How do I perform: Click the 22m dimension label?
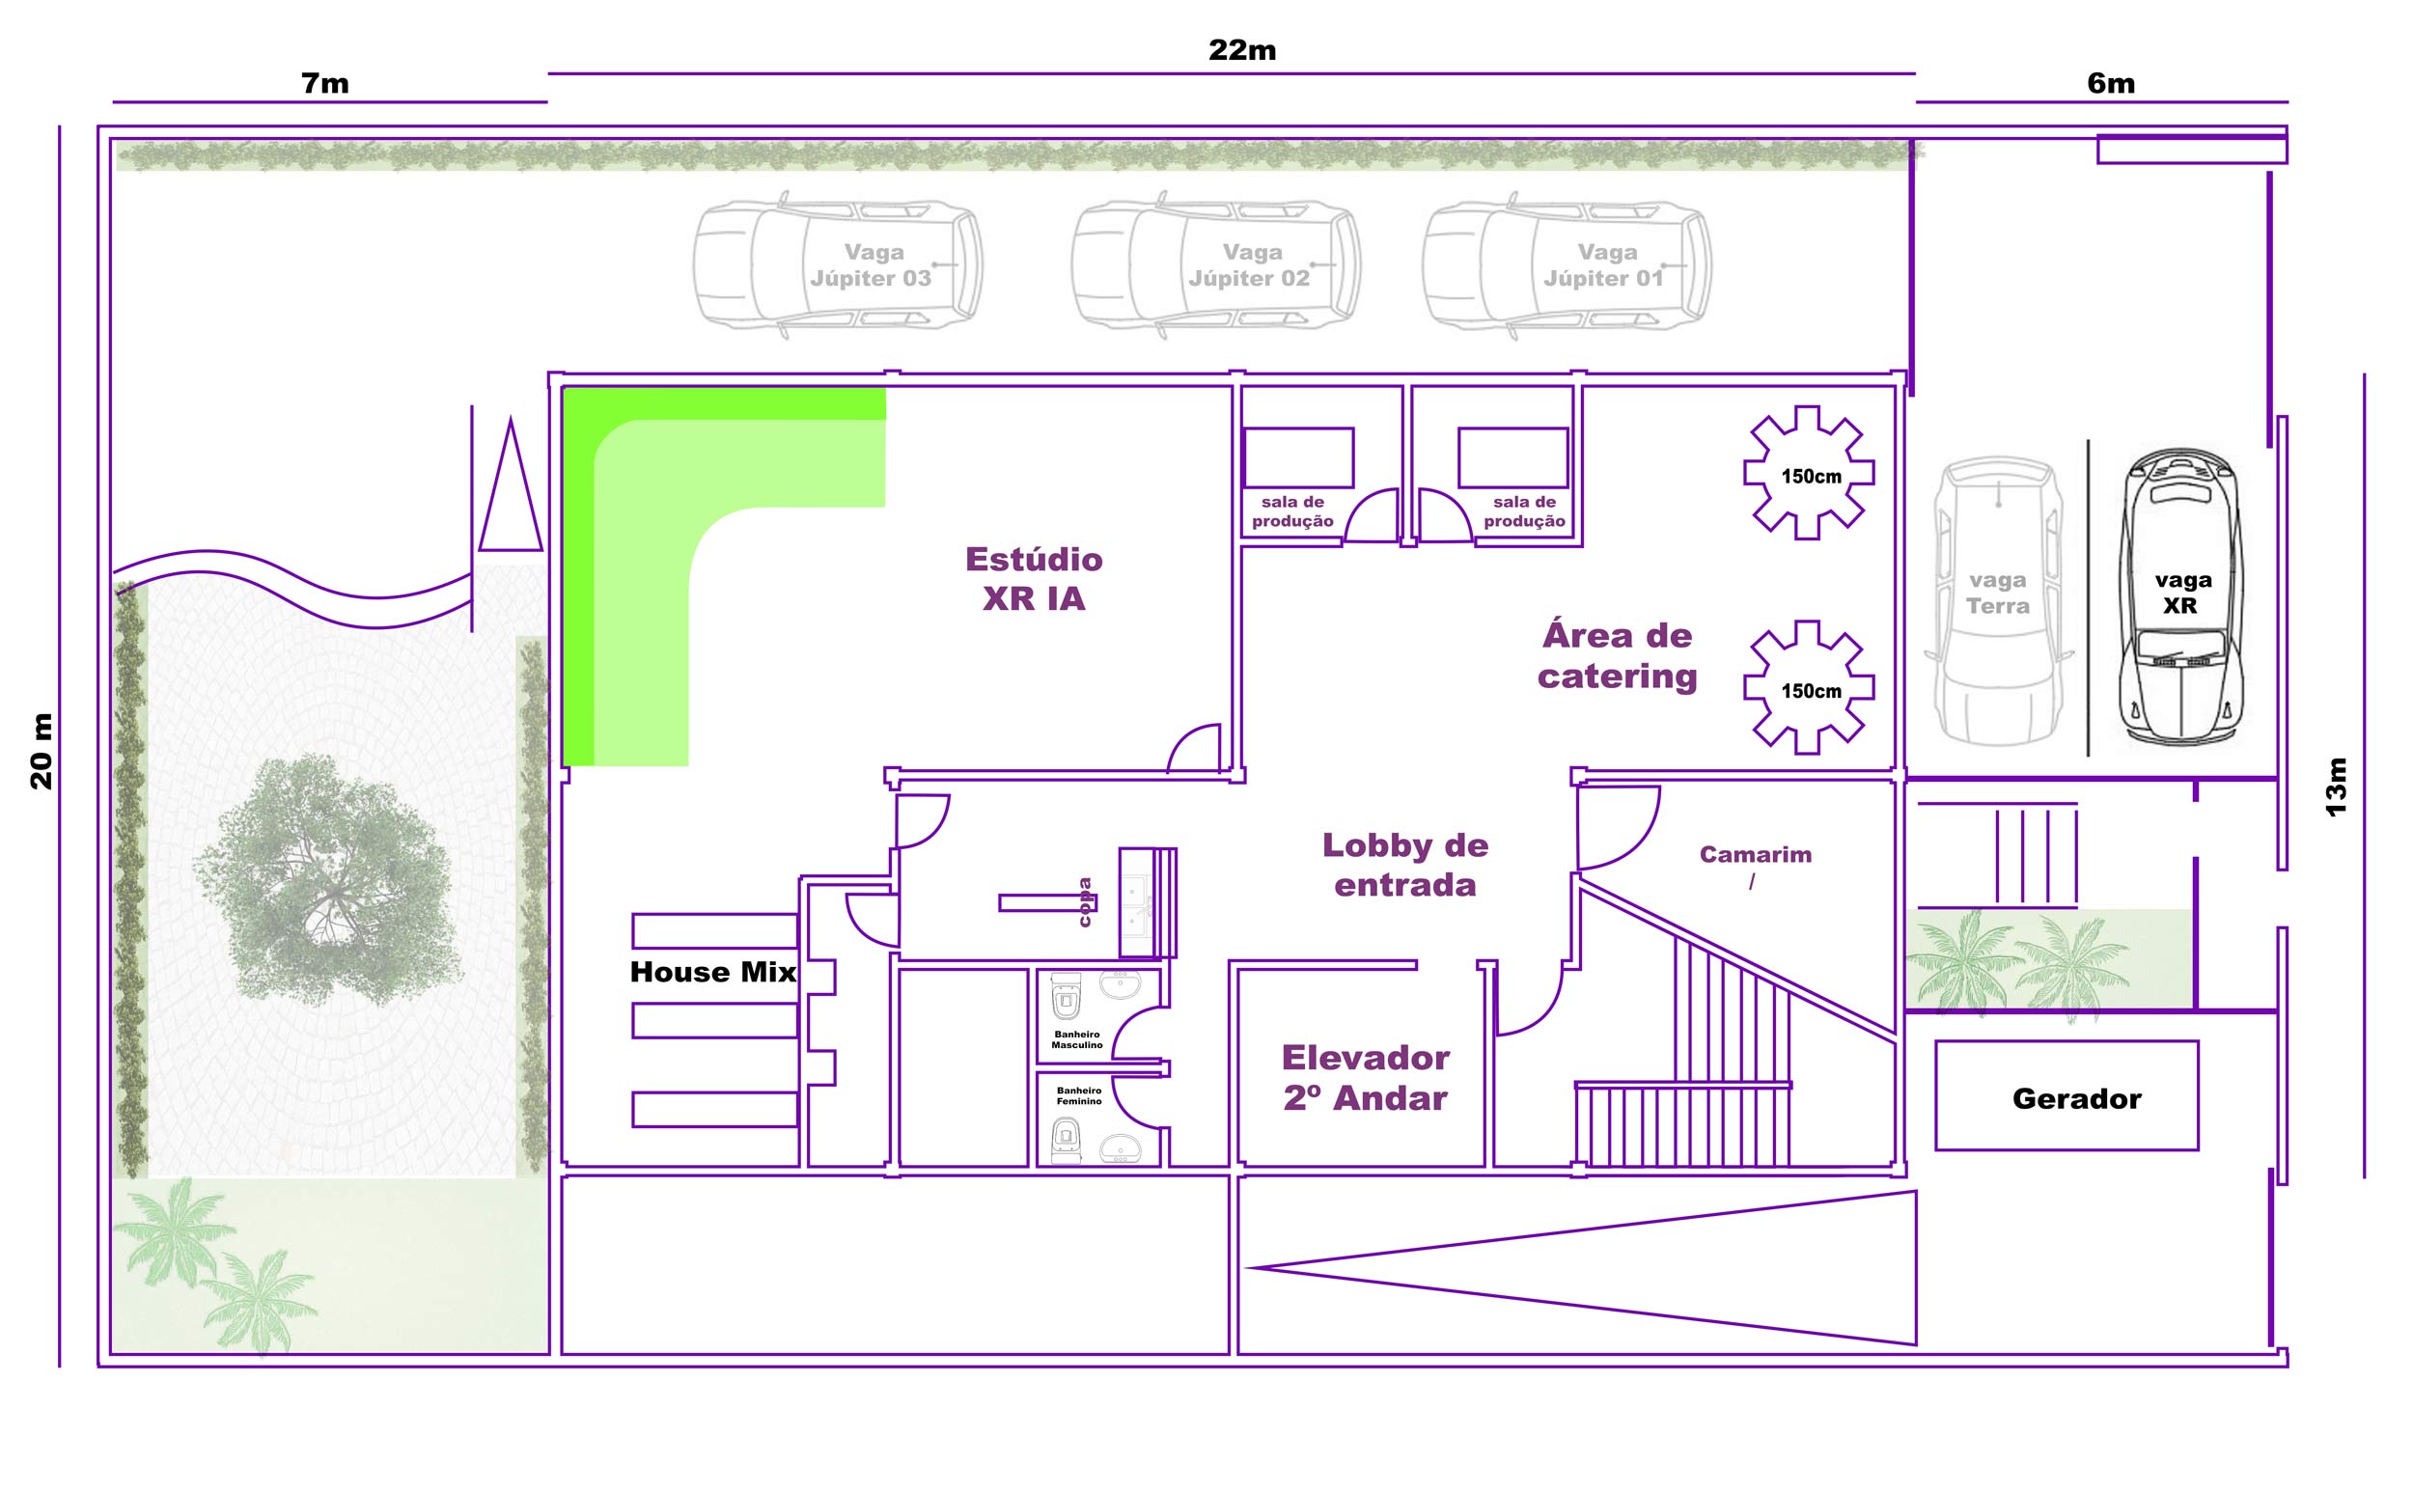pos(1241,49)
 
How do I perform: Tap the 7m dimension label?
pos(324,83)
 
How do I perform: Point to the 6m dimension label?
pos(2110,83)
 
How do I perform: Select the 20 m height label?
pos(42,751)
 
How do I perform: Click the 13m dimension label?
pos(2335,787)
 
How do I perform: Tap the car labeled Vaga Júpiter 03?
pos(838,264)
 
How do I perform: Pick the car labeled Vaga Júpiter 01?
pos(1567,264)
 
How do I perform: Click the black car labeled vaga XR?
pos(2181,596)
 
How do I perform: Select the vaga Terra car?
pos(1999,600)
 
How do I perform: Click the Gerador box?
pos(2066,1095)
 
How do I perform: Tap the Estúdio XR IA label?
pos(1034,579)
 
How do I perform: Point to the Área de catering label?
pos(1617,655)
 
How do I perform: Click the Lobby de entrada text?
pos(1404,865)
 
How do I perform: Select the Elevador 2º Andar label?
pos(1365,1078)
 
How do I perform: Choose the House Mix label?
pos(712,972)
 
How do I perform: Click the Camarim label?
pos(1755,854)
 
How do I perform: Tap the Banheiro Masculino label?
pos(1077,1040)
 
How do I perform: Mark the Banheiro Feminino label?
pos(1079,1095)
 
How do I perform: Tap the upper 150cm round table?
pos(1808,473)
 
